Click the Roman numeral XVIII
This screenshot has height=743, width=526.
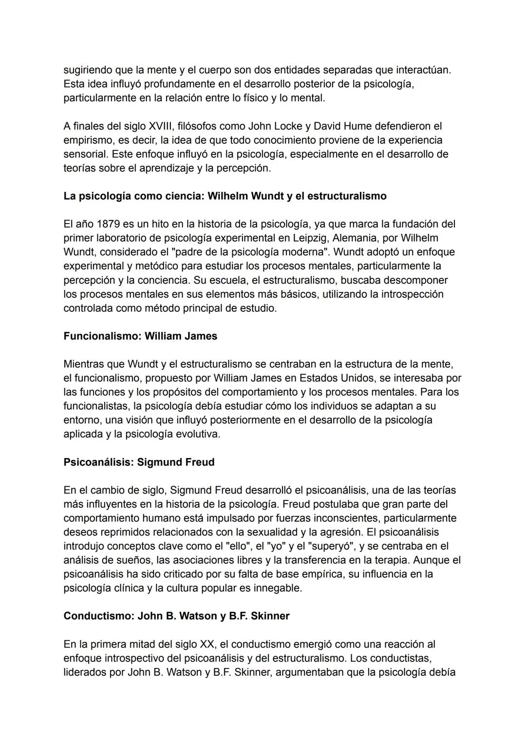[161, 126]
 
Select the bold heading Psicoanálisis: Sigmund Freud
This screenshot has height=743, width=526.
[139, 462]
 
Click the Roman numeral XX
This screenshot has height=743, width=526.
[207, 644]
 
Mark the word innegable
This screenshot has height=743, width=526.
[277, 588]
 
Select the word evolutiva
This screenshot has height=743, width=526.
[195, 434]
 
